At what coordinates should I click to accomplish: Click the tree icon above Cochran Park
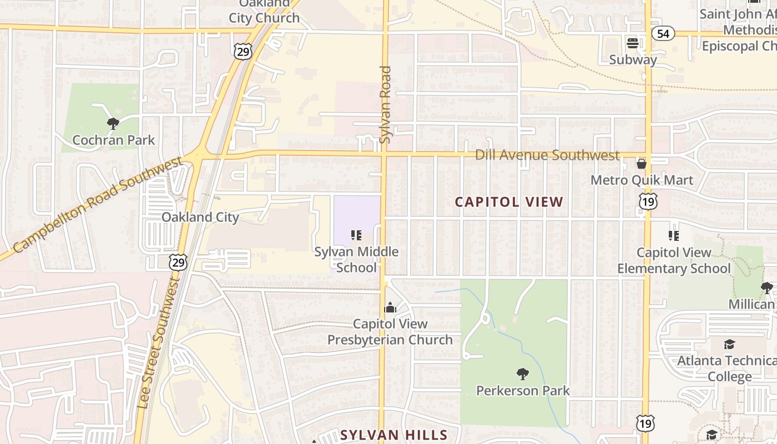coord(113,123)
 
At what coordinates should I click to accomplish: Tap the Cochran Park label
coord(114,140)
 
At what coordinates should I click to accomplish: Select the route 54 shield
coord(663,34)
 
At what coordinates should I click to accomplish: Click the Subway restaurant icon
coord(632,43)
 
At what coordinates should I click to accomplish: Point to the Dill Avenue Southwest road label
coord(547,155)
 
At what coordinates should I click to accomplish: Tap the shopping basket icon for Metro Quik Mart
coord(642,164)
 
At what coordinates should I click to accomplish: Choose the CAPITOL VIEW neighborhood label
coord(509,202)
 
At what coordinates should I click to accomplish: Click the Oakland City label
coord(200,217)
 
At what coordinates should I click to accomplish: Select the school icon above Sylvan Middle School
coord(356,235)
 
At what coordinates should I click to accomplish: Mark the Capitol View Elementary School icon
coord(674,236)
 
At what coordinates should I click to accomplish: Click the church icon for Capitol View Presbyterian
coord(390,307)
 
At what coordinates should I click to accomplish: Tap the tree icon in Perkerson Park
coord(522,374)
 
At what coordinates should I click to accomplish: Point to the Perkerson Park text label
coord(523,391)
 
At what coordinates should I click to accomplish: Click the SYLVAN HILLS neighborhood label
coord(393,435)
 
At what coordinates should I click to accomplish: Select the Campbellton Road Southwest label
coord(97,205)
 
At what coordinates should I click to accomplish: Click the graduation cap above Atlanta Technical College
coord(729,345)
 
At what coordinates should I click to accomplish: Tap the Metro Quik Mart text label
coord(642,180)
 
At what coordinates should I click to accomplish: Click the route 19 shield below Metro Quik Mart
coord(648,201)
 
